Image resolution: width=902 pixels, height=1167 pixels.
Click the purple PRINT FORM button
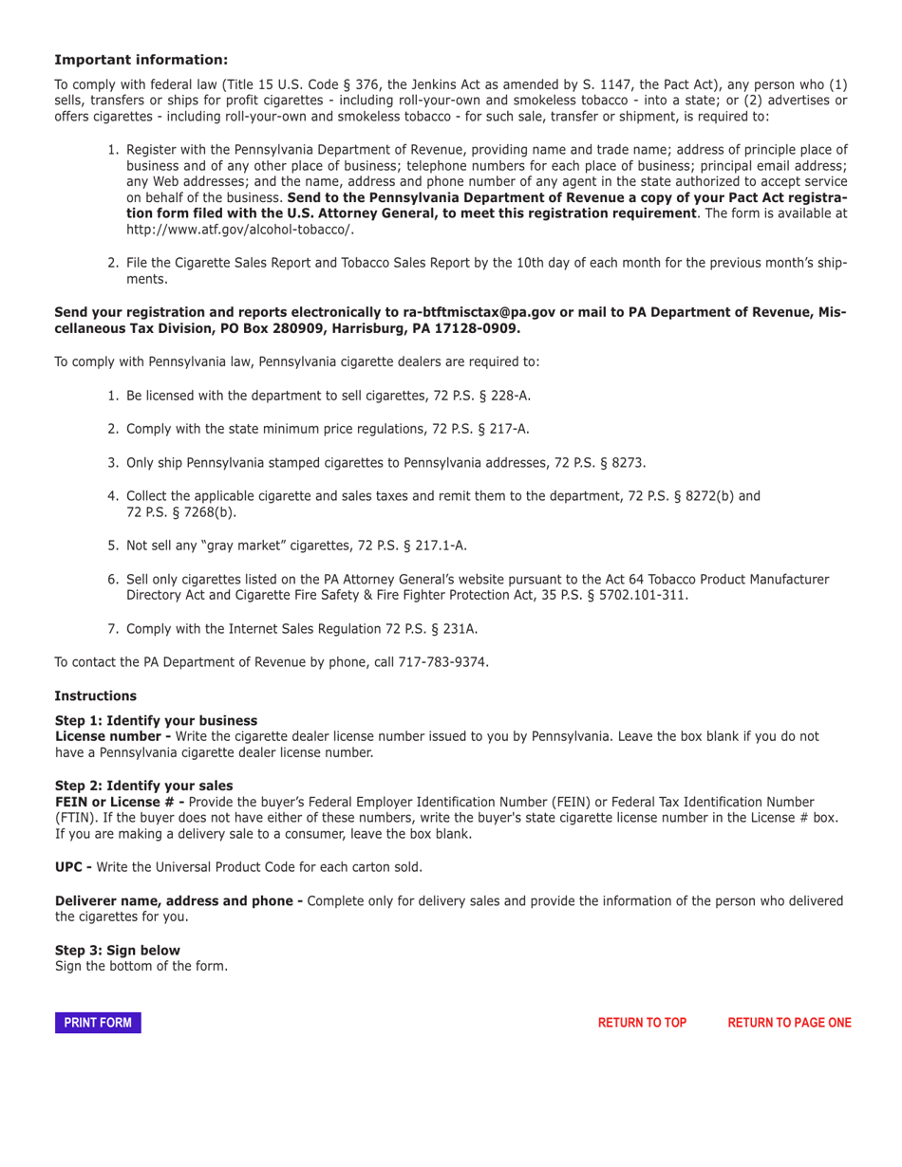pos(98,1023)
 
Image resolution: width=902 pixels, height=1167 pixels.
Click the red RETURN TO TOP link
pos(642,1023)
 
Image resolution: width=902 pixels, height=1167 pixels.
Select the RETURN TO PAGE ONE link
pos(789,1023)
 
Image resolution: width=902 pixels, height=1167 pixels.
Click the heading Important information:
pos(141,59)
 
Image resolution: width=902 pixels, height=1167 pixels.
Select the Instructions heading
pos(95,696)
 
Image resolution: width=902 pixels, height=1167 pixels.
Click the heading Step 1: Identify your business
pos(156,721)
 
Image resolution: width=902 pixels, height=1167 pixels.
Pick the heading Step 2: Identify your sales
pos(143,786)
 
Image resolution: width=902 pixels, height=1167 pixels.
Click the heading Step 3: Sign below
pos(117,951)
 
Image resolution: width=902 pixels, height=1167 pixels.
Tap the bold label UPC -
pos(73,867)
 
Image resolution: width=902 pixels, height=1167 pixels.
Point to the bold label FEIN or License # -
pos(120,802)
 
